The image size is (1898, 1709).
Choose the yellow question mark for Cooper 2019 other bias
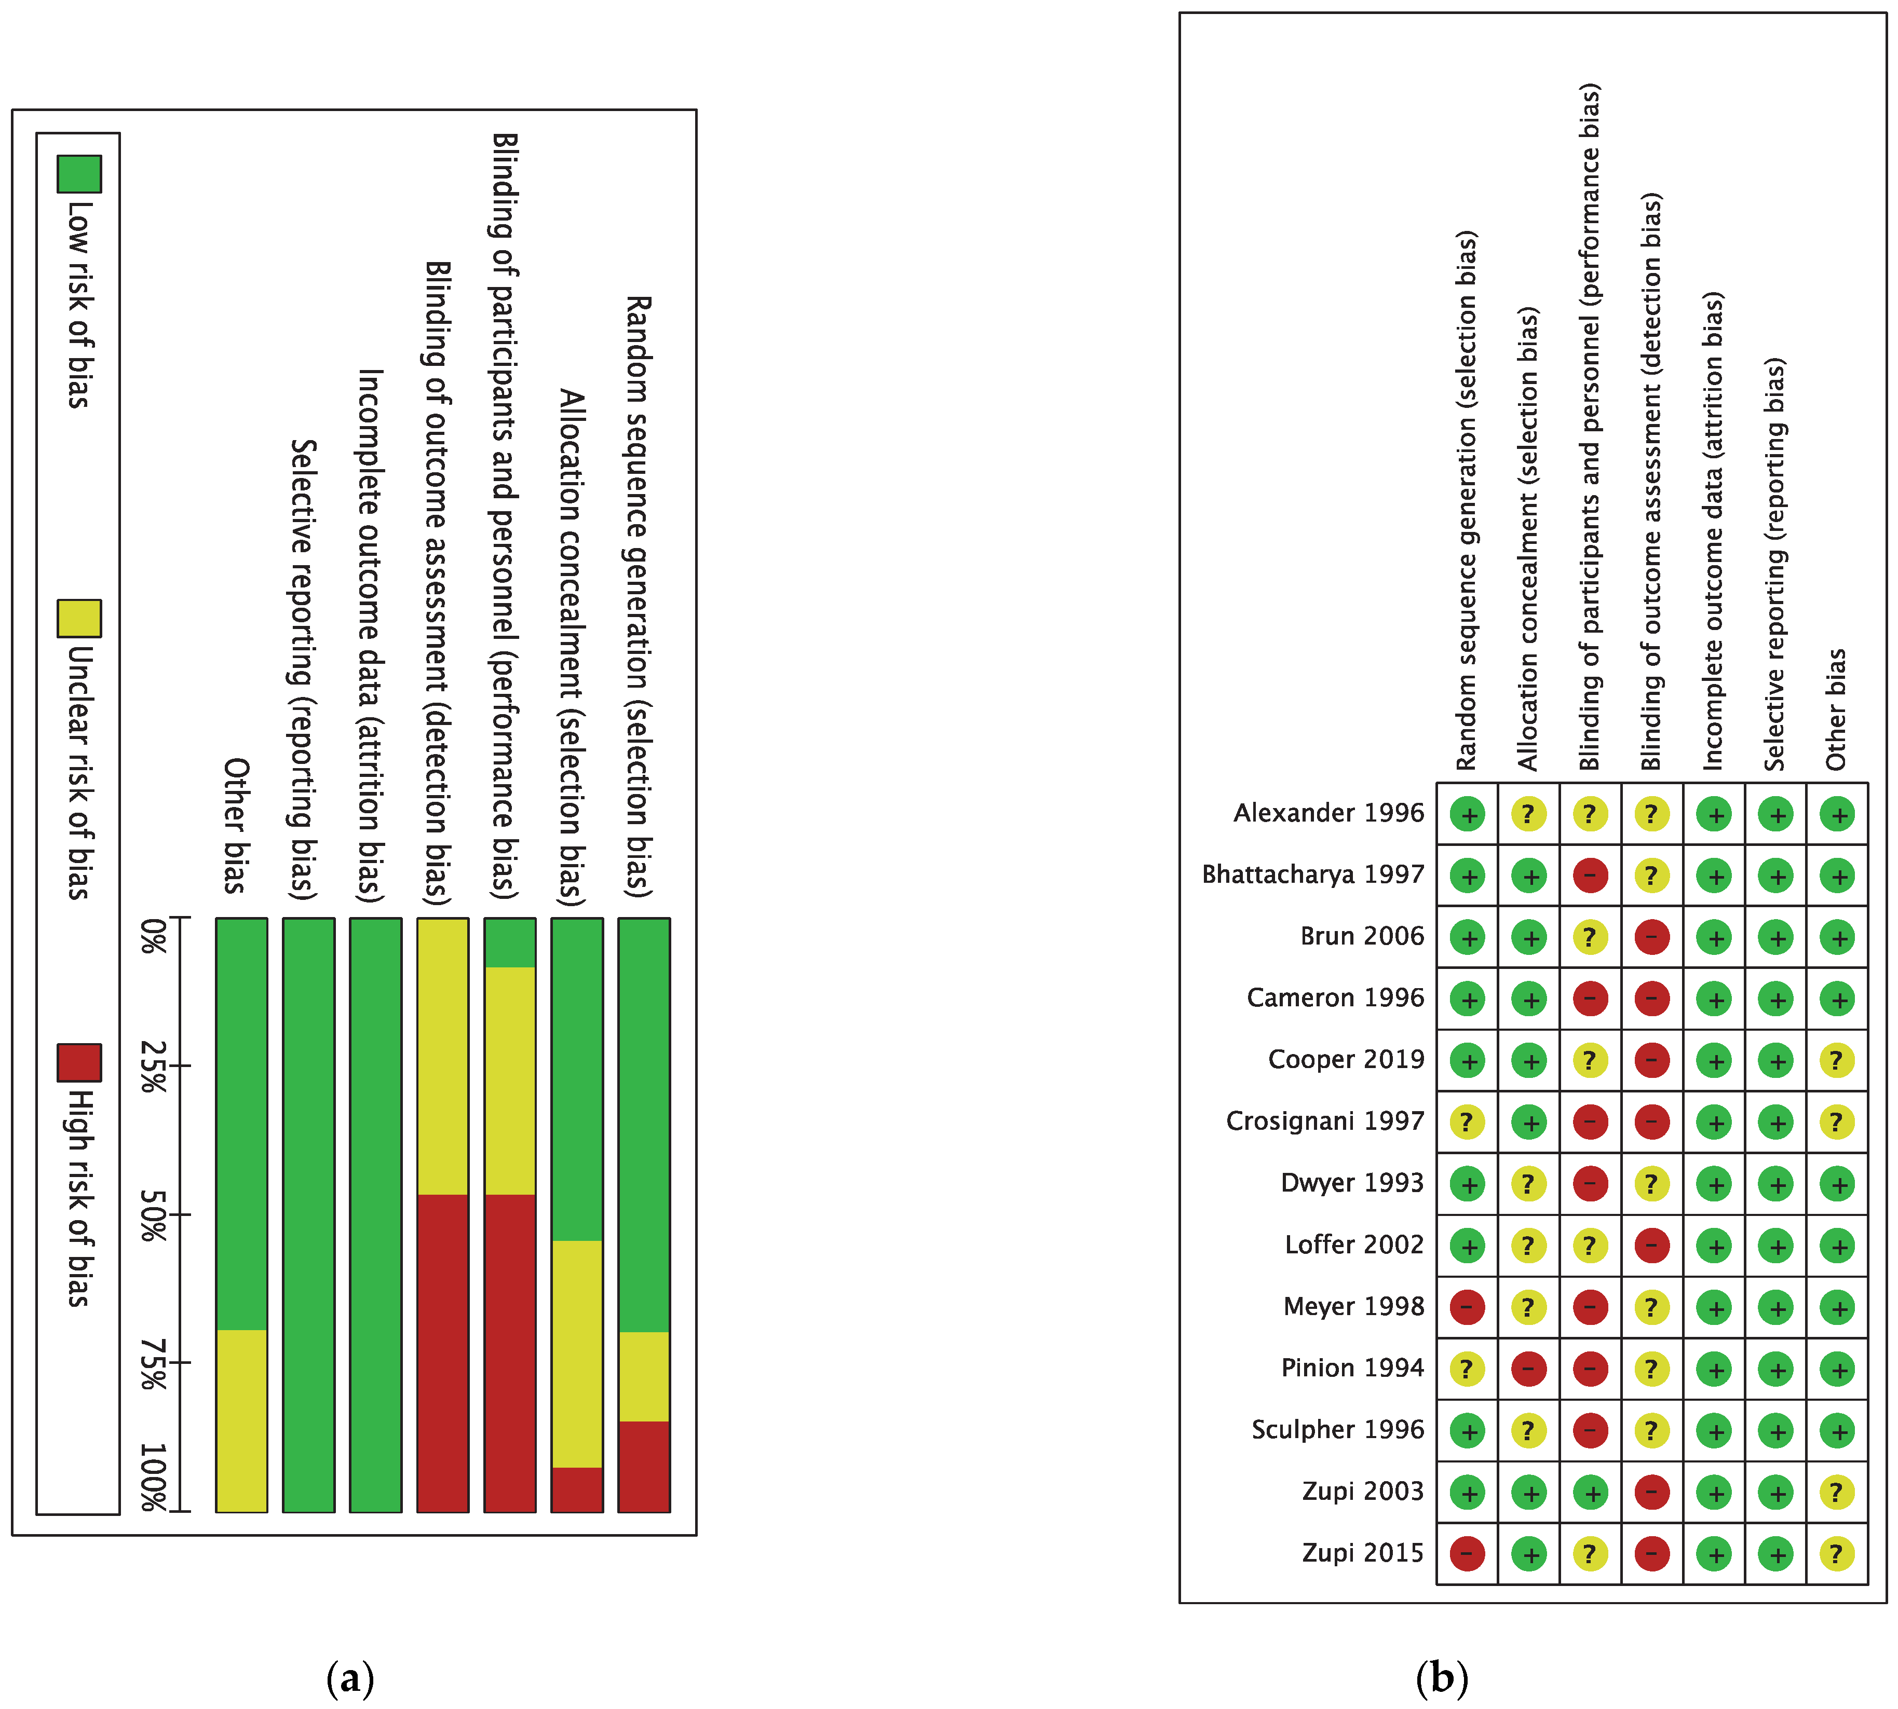(x=1837, y=1060)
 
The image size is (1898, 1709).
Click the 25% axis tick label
(x=153, y=1066)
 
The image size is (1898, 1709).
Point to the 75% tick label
(x=153, y=1363)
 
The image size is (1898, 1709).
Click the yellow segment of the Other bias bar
(x=241, y=1420)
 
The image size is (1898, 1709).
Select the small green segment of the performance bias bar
(x=510, y=943)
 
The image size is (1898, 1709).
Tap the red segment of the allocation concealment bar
(x=577, y=1489)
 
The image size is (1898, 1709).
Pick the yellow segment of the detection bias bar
(x=442, y=1057)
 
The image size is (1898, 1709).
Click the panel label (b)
(x=1442, y=1677)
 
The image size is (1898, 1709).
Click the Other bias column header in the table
(x=1836, y=709)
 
